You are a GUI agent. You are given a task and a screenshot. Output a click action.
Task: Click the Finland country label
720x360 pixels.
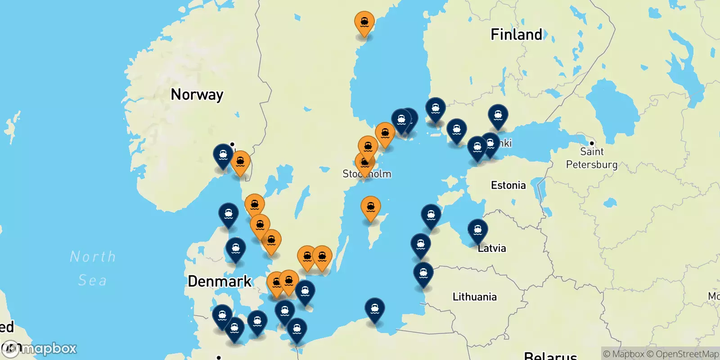click(x=516, y=35)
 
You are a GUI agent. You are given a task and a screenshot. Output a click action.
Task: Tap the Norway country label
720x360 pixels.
click(x=197, y=94)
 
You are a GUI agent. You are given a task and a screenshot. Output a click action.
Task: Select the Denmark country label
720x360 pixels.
click(x=220, y=281)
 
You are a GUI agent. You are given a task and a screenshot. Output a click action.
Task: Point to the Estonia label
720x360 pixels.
click(x=508, y=185)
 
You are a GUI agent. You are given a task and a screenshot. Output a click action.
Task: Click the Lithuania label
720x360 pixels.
click(x=474, y=297)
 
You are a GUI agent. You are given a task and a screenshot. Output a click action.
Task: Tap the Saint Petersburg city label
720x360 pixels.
click(x=591, y=158)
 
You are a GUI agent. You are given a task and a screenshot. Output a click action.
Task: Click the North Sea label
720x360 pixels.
click(x=93, y=268)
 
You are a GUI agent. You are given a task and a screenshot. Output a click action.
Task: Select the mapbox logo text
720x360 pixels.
click(x=49, y=349)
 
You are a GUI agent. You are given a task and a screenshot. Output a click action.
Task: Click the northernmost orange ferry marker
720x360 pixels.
click(x=364, y=22)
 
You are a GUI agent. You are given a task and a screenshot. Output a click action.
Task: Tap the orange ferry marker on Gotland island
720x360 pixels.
click(x=370, y=207)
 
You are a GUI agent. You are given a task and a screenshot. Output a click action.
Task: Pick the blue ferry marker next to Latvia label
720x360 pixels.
click(x=477, y=230)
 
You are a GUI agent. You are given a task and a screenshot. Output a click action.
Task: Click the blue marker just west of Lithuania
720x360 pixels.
click(x=423, y=273)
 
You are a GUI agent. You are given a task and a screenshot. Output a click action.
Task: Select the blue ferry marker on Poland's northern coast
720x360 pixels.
click(x=374, y=309)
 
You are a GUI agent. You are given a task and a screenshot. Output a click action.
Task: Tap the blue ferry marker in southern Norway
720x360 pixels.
click(x=223, y=155)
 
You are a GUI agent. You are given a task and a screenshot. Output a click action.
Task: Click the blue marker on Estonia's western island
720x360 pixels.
click(x=431, y=216)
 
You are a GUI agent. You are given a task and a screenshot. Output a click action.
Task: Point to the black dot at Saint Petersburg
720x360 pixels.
click(x=592, y=143)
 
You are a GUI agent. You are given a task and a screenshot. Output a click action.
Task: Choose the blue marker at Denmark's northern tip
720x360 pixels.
click(x=228, y=214)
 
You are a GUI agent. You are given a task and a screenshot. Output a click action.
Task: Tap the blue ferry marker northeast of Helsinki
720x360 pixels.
click(x=498, y=116)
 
